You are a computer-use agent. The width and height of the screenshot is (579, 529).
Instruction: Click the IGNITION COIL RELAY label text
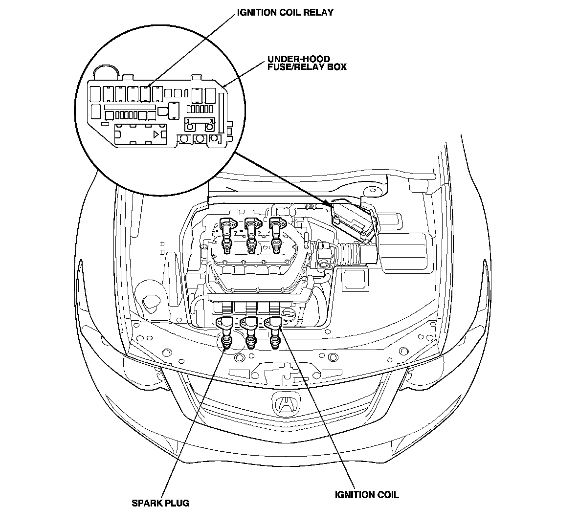tap(285, 12)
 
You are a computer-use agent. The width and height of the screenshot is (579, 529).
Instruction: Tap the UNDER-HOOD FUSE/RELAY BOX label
tap(307, 63)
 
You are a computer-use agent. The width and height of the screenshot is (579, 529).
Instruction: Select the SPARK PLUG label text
tap(160, 503)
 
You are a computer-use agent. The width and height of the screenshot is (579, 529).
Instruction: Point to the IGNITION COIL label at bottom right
tap(367, 495)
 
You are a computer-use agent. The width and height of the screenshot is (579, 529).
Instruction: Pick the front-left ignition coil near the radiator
tap(226, 332)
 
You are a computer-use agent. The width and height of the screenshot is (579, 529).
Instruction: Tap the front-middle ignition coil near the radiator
tap(250, 332)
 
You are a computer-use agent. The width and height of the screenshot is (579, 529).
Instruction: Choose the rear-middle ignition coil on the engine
tap(252, 236)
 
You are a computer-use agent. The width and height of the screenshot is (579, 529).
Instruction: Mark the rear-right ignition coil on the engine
tap(277, 236)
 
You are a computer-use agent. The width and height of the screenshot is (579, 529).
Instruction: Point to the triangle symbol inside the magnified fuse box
tap(156, 134)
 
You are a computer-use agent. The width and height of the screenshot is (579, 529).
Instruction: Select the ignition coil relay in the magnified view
tap(145, 94)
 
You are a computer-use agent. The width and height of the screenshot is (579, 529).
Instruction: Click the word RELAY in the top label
tap(318, 12)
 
